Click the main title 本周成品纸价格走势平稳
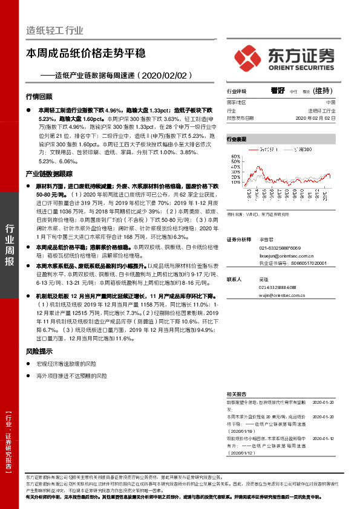(86, 54)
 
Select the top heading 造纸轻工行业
(55, 31)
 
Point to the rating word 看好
(278, 91)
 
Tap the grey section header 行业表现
(237, 140)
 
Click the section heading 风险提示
(39, 351)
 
